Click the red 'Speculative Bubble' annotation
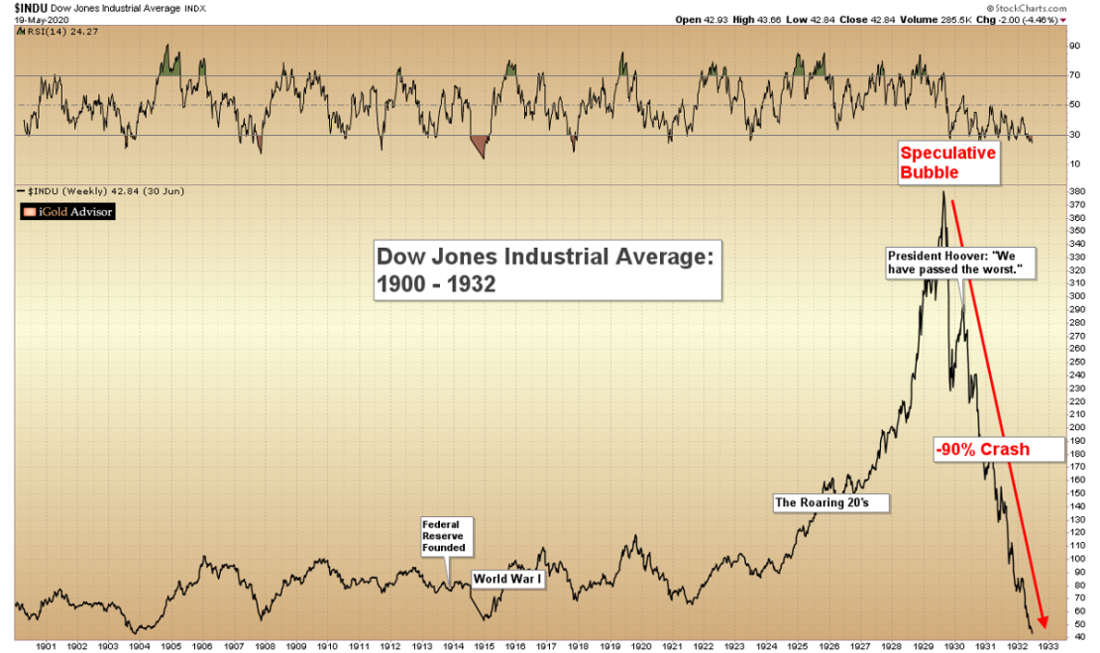(946, 163)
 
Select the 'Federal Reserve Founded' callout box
(443, 535)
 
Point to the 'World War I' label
(508, 578)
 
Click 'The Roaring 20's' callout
(831, 502)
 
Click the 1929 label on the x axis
(921, 645)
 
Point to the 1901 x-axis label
(44, 645)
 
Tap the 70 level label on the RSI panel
(1072, 75)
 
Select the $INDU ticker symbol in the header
(27, 6)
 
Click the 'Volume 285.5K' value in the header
(946, 19)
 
